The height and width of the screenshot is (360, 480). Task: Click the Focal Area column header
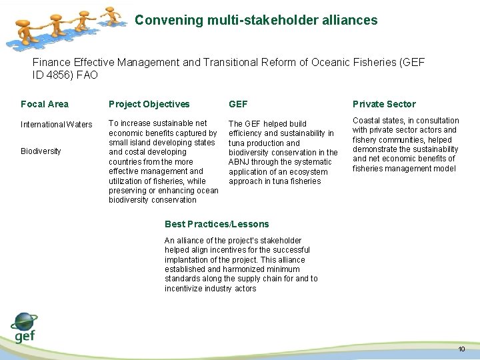coord(45,104)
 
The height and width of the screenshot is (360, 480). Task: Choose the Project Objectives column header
coord(149,104)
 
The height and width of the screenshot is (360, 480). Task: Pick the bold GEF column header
coord(238,104)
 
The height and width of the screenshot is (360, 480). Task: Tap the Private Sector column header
coord(384,104)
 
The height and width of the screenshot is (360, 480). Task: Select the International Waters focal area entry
coord(57,125)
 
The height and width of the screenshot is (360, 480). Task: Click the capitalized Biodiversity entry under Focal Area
coord(41,151)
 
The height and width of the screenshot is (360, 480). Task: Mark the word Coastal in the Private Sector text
coord(367,121)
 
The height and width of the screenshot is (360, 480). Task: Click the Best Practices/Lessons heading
coord(217,224)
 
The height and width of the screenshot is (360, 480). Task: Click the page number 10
coord(461,350)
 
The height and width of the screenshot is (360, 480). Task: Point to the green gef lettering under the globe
coord(24,337)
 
